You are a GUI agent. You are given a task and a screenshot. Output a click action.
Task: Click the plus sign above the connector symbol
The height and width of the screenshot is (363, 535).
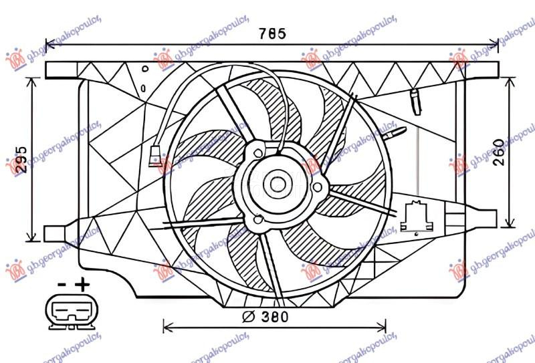point(82,285)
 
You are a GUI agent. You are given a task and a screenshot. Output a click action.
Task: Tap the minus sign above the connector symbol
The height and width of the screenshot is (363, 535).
point(60,285)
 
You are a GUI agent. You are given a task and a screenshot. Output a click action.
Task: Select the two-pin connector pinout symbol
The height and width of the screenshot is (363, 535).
point(69,312)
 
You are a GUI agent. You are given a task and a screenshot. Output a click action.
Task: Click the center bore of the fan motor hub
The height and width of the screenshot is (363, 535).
point(276,182)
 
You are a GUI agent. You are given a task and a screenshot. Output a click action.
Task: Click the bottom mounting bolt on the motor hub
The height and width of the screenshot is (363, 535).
point(258,217)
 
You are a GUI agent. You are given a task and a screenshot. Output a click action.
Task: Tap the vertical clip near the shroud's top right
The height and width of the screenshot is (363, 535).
point(415,100)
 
